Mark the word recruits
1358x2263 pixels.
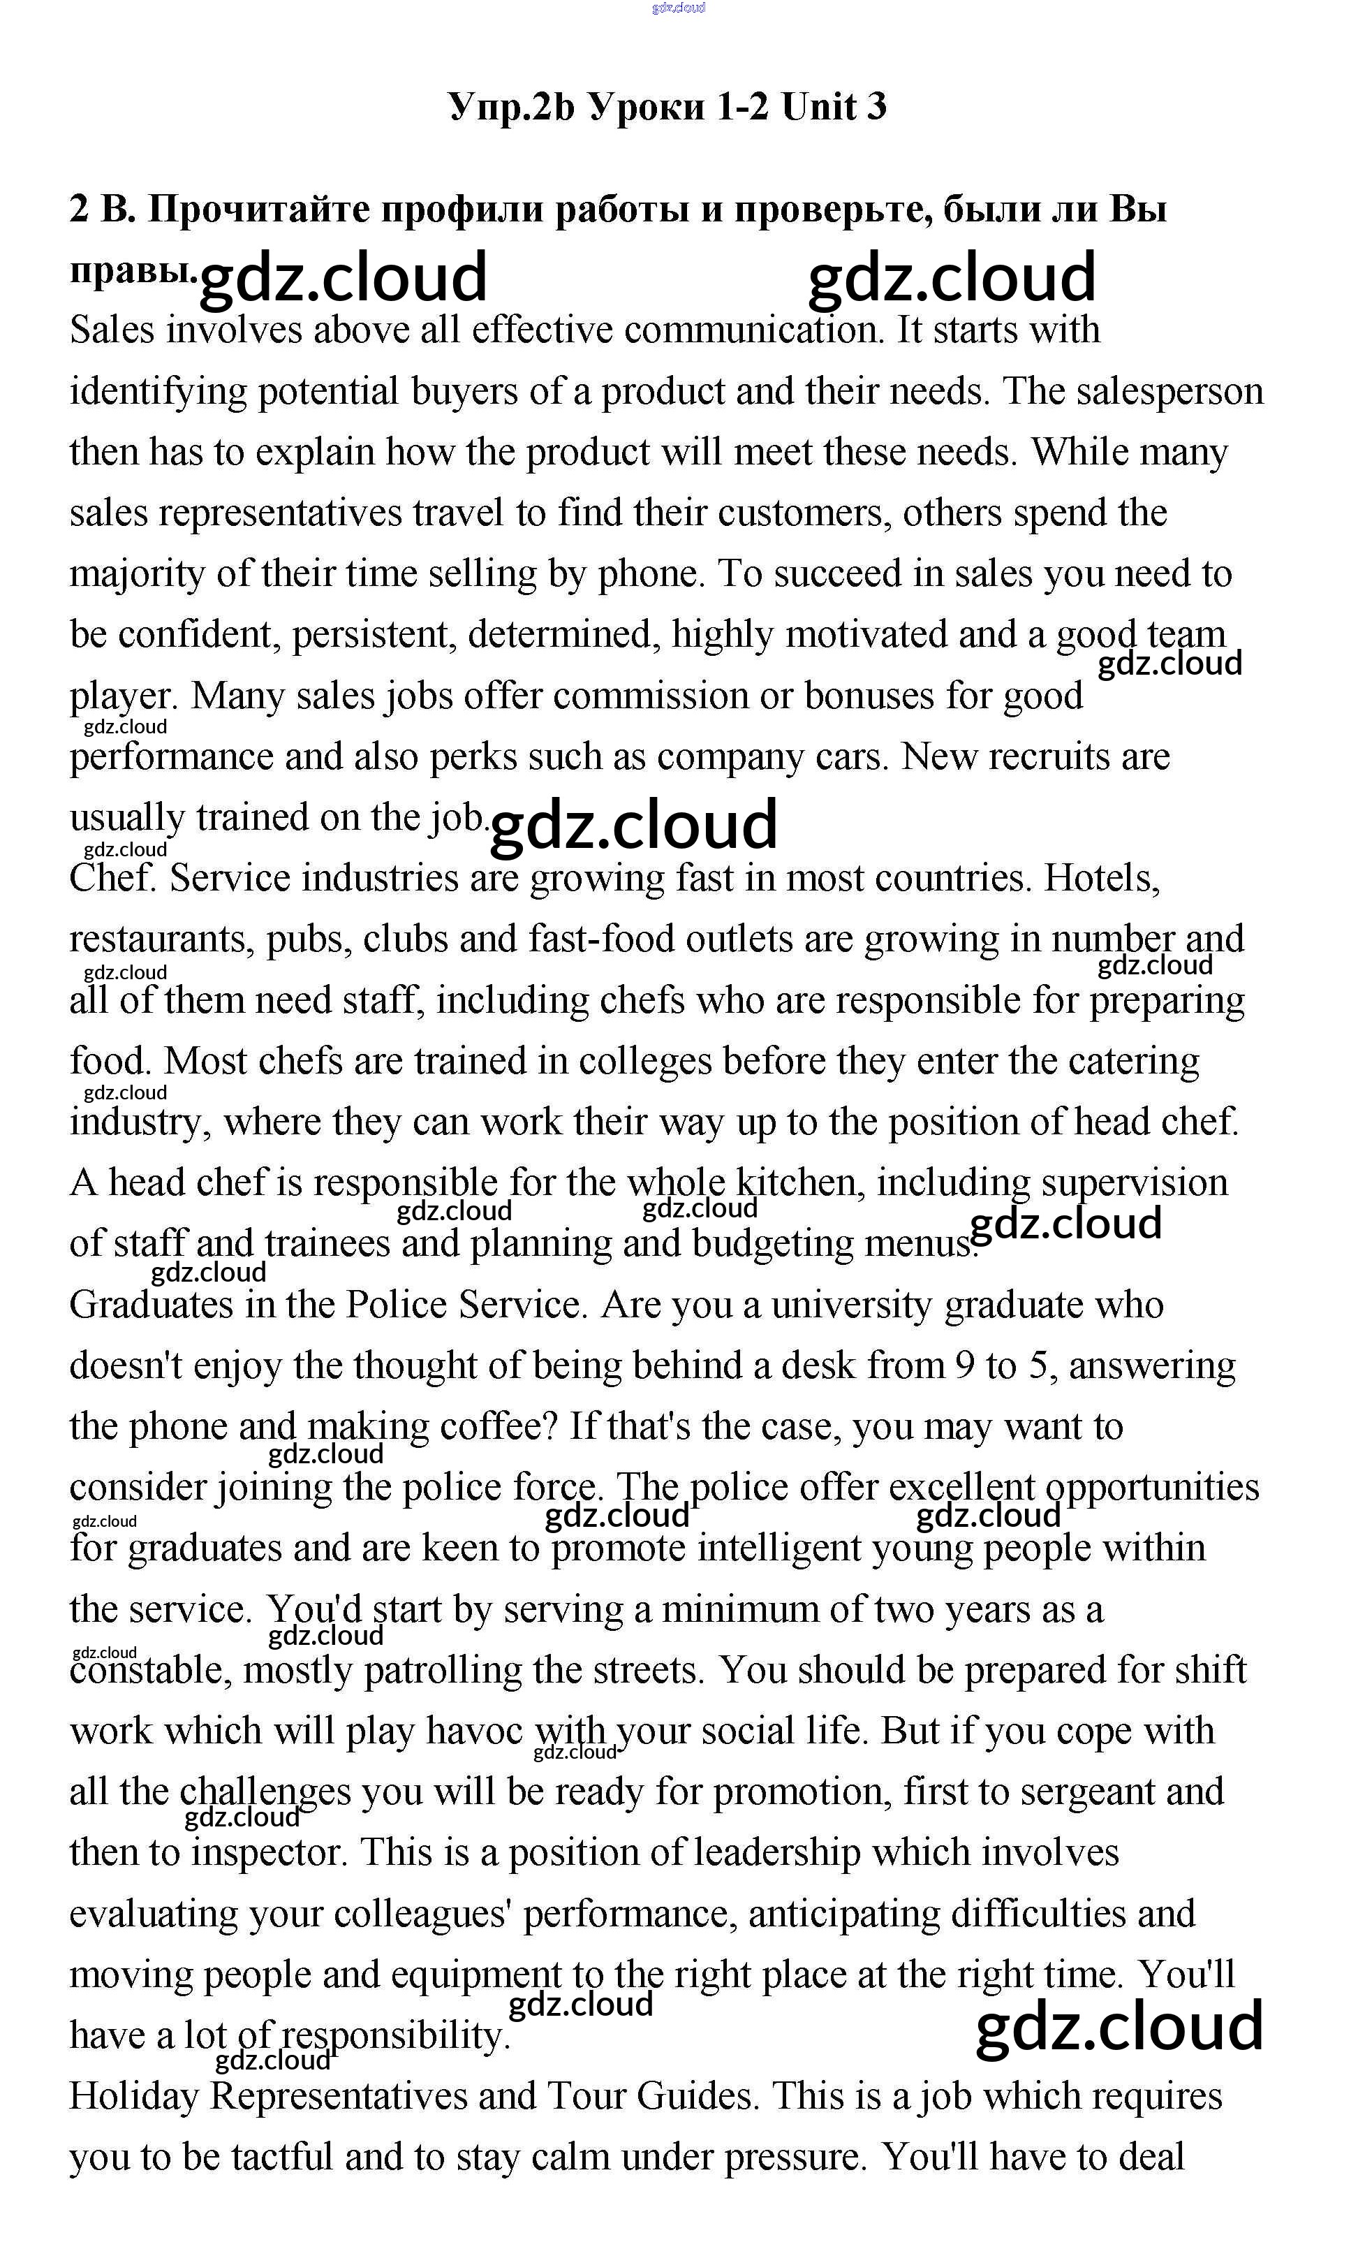1040,757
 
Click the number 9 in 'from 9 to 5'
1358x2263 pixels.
964,1366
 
